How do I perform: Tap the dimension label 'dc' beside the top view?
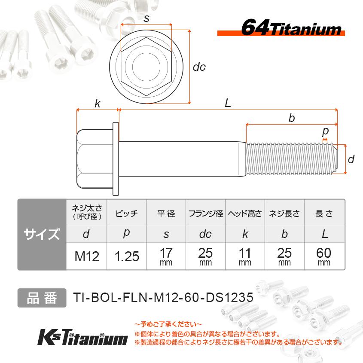[x=199, y=67]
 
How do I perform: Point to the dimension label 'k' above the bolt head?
[x=98, y=103]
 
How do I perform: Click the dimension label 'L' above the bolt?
[x=228, y=103]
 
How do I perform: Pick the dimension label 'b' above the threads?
[x=291, y=118]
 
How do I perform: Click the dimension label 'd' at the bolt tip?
[x=351, y=159]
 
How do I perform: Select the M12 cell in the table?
[x=87, y=256]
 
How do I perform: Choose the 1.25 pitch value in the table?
[x=127, y=256]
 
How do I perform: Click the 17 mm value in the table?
[x=166, y=256]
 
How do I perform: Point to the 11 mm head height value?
[x=245, y=256]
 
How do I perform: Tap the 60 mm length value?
[x=324, y=256]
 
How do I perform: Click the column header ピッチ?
[x=127, y=214]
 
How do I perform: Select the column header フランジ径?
[x=205, y=214]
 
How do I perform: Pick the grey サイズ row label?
[x=42, y=235]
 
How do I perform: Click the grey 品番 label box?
[x=42, y=298]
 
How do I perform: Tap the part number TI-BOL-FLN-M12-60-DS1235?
[x=162, y=298]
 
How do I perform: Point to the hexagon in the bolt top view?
[x=146, y=67]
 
